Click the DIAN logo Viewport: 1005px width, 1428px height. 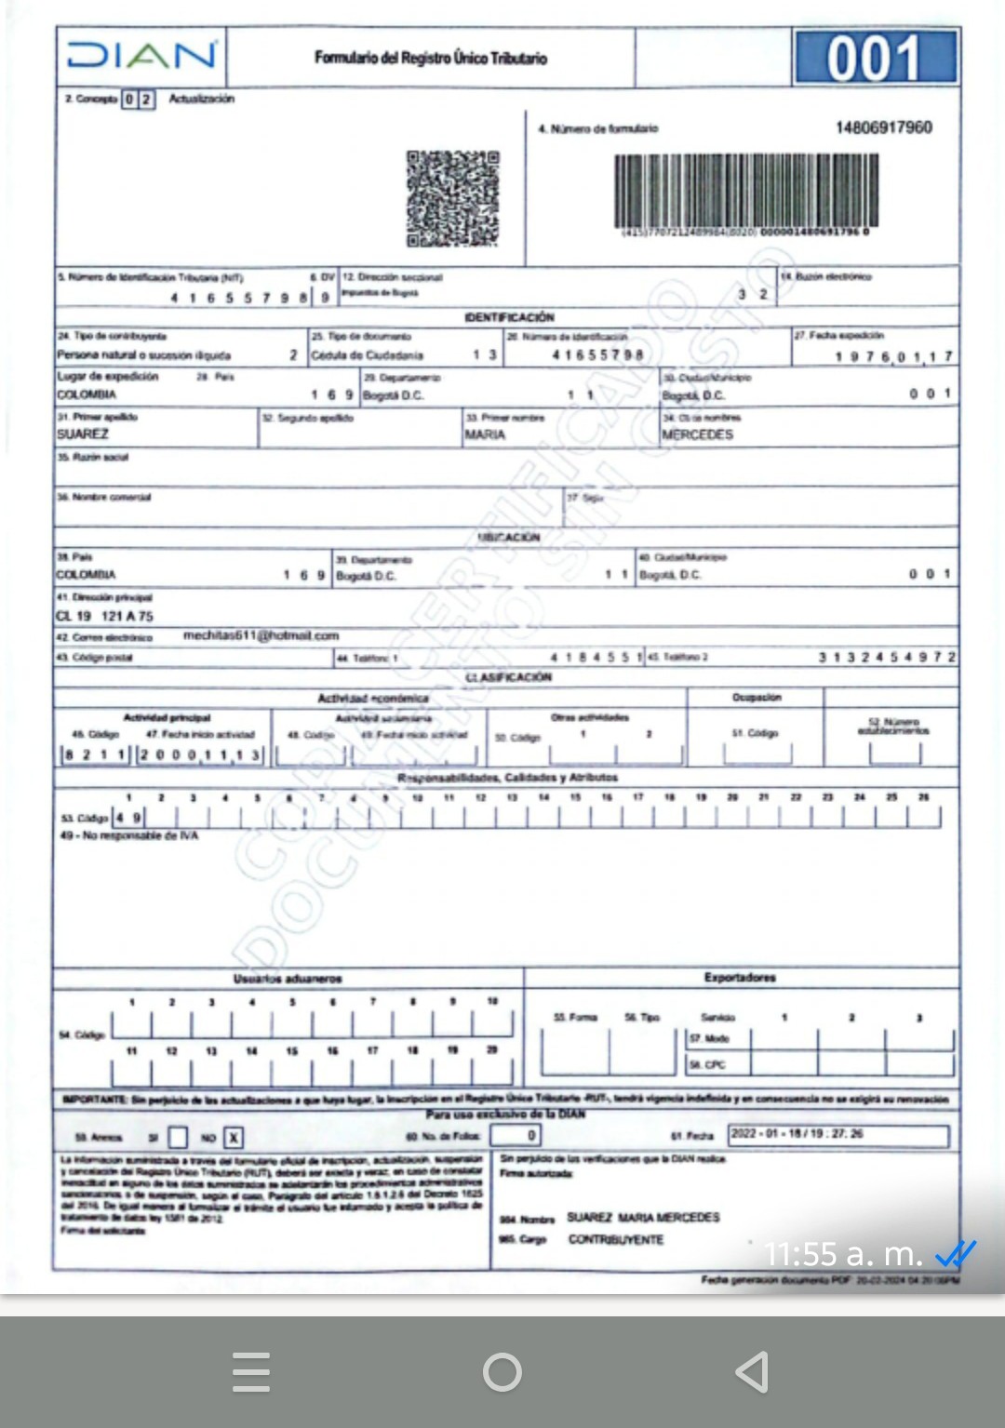click(x=141, y=56)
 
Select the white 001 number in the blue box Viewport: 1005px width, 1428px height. click(x=875, y=58)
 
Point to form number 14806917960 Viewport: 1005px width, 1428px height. click(x=883, y=127)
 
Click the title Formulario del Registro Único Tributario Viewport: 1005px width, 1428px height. click(x=431, y=58)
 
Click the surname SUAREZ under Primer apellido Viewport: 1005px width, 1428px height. click(x=83, y=434)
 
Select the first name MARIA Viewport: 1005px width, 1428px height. click(x=485, y=434)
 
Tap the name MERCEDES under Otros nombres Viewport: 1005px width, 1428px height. click(x=697, y=434)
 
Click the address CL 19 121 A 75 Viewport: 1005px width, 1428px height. click(x=104, y=616)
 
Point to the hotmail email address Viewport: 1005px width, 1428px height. click(x=261, y=635)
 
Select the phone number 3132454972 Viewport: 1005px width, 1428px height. click(x=887, y=657)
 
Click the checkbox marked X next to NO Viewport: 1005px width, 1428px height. click(x=234, y=1137)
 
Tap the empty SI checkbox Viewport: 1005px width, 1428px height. click(x=178, y=1137)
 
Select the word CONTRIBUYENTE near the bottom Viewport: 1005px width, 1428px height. click(x=616, y=1240)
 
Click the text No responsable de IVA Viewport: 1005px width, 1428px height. click(x=129, y=835)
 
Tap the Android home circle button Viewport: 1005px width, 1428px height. click(x=502, y=1371)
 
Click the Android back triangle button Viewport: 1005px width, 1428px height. click(x=752, y=1371)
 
